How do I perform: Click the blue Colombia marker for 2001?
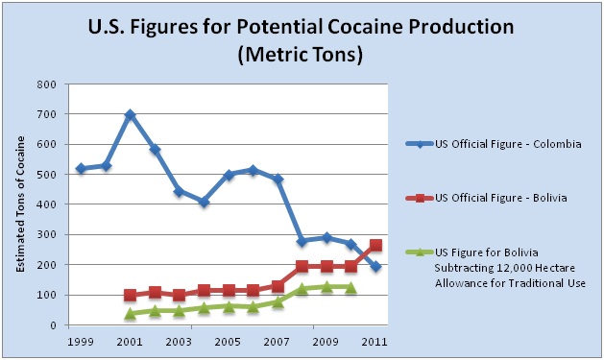[x=130, y=114]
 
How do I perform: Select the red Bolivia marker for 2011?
[x=375, y=245]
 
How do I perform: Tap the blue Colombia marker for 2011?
[x=375, y=266]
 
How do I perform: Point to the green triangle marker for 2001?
[x=131, y=313]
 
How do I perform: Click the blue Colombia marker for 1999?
[x=81, y=168]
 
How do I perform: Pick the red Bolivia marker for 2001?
[x=131, y=296]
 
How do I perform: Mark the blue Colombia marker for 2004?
[x=204, y=202]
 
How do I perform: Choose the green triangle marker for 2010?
[x=350, y=288]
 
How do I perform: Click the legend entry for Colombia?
[x=494, y=144]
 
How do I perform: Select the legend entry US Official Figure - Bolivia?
[x=486, y=199]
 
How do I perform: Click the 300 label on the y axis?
[x=47, y=235]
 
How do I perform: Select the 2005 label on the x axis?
[x=228, y=342]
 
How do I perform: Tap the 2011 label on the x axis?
[x=374, y=342]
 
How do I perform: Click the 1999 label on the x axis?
[x=81, y=342]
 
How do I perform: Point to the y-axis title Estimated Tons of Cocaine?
[x=20, y=204]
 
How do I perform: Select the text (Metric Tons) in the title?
[x=301, y=55]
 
